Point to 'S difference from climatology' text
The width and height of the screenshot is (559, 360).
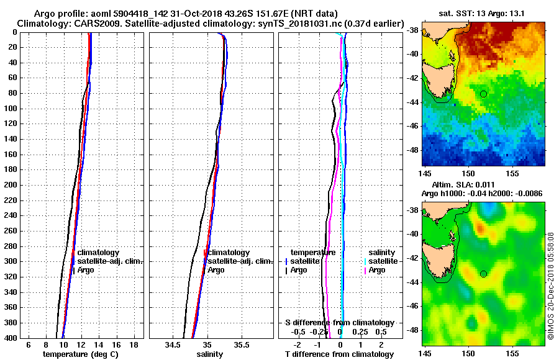(339, 323)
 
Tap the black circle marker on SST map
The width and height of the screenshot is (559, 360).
(483, 94)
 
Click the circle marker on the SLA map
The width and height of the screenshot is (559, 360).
(483, 273)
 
